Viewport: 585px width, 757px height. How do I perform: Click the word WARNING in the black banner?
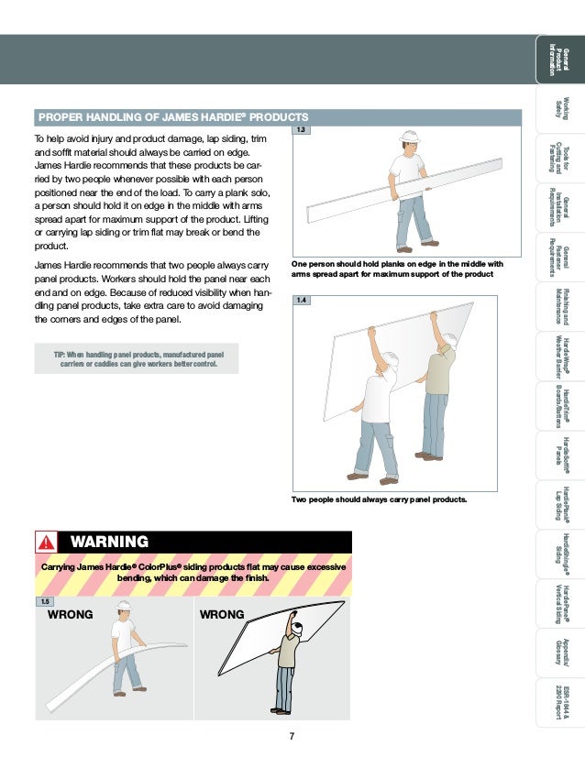coord(110,542)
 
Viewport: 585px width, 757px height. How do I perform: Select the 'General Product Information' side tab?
coord(558,59)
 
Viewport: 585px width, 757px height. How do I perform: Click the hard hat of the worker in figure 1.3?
coord(408,137)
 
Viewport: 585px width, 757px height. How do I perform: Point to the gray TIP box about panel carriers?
coord(137,358)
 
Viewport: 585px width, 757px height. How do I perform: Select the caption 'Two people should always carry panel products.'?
coord(379,499)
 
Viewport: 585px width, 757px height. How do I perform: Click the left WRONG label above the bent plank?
coord(70,614)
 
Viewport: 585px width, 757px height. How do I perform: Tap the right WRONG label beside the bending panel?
coord(222,614)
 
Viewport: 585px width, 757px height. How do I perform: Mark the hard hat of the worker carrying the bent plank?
coord(123,606)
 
